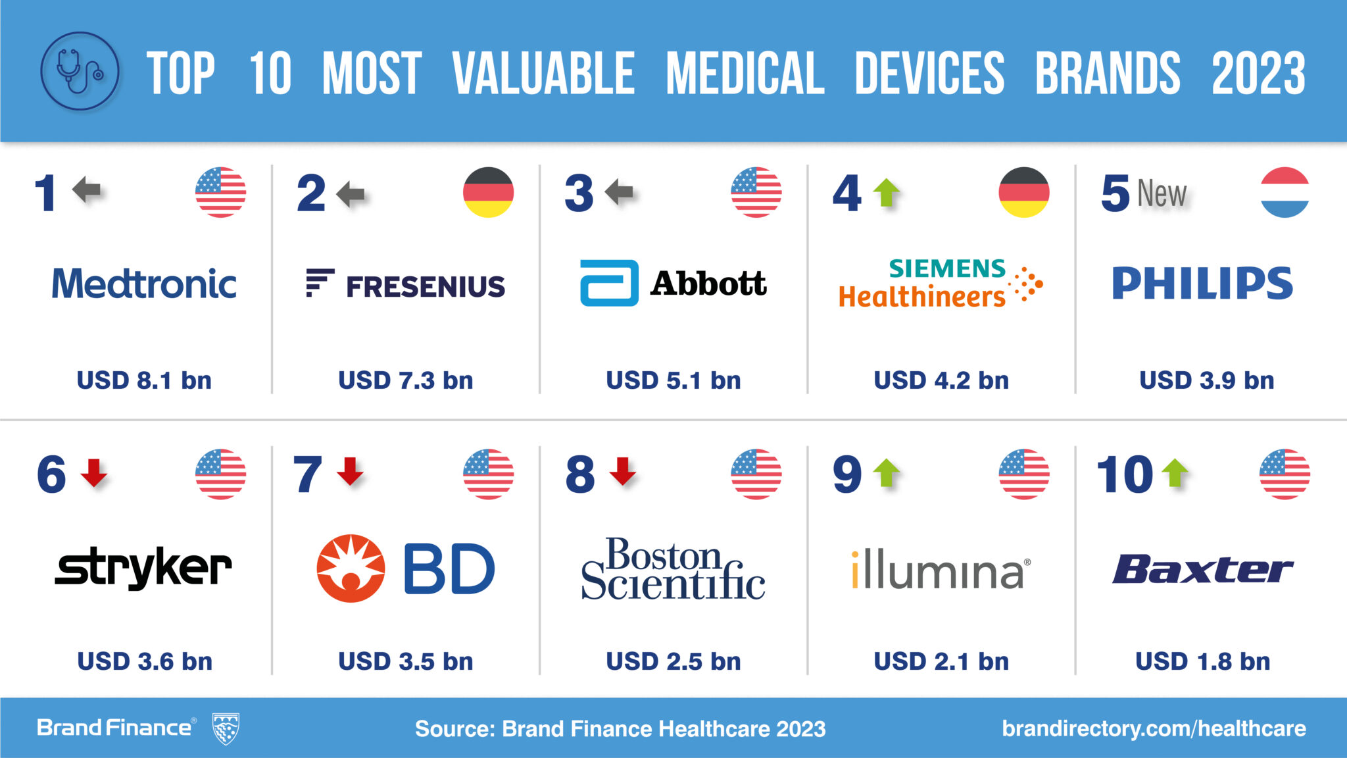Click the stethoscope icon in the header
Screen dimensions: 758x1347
[x=80, y=71]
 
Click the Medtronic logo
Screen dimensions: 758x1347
[x=144, y=284]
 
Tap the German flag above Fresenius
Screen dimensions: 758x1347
[x=488, y=192]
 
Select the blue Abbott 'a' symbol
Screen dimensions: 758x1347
[x=608, y=283]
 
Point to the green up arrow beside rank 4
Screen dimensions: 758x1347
[x=887, y=192]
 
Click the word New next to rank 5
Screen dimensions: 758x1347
[x=1162, y=193]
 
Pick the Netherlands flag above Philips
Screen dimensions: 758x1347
[x=1285, y=192]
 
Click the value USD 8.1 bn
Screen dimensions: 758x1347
[x=144, y=380]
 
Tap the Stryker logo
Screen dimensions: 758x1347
[x=143, y=567]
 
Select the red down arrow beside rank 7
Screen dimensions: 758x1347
[x=350, y=472]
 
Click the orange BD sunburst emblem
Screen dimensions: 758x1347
[x=351, y=568]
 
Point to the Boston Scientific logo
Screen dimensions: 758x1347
[x=673, y=568]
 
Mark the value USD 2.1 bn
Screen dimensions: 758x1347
[x=941, y=661]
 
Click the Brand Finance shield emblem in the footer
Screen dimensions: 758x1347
[x=226, y=728]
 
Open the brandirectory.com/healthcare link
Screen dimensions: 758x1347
[x=1154, y=728]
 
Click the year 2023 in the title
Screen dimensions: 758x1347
[x=1258, y=72]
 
